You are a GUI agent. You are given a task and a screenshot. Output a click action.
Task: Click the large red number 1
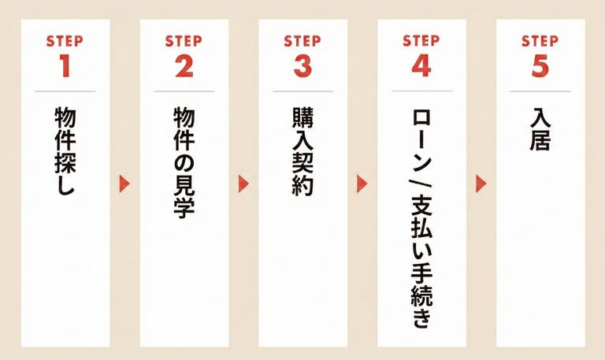(x=65, y=67)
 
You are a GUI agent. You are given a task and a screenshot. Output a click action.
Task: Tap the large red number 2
(x=184, y=67)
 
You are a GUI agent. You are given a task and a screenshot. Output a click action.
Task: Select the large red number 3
(x=302, y=67)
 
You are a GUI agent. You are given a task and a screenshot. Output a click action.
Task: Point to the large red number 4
(x=421, y=67)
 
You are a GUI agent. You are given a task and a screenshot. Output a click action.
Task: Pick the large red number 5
(x=540, y=67)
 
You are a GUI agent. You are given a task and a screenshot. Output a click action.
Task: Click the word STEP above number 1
(x=65, y=41)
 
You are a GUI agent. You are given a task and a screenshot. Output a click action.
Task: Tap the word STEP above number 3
(x=302, y=41)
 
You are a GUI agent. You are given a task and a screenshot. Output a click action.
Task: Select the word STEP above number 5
(x=540, y=41)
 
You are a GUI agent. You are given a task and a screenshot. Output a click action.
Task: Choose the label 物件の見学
(x=184, y=161)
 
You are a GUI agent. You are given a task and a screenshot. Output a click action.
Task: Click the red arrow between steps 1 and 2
(x=124, y=184)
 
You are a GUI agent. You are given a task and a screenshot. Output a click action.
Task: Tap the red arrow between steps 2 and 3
(x=243, y=184)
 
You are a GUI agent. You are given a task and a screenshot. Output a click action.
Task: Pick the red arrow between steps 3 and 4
(x=362, y=184)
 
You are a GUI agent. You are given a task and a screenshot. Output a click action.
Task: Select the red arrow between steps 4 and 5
(x=481, y=184)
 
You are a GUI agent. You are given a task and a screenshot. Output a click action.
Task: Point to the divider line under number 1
(x=65, y=91)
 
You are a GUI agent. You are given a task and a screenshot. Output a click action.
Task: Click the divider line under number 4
(x=421, y=91)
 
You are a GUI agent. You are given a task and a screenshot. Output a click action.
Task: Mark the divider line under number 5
(x=540, y=91)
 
